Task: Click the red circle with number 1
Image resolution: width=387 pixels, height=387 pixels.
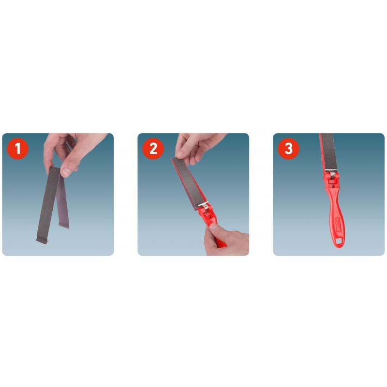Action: [x=17, y=149]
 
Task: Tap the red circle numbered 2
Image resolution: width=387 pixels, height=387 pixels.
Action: [x=153, y=149]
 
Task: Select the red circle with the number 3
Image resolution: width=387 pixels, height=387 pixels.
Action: [x=288, y=149]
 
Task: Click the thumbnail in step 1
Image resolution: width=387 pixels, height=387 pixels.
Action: [x=66, y=172]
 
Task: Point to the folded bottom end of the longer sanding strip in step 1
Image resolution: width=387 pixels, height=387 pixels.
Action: [x=42, y=240]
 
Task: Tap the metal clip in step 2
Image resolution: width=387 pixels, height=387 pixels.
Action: [x=203, y=205]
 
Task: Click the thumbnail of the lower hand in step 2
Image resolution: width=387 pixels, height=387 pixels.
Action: [x=214, y=226]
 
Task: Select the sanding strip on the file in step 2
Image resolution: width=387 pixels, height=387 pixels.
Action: [x=187, y=183]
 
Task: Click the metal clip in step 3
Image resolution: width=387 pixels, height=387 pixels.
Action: [x=331, y=172]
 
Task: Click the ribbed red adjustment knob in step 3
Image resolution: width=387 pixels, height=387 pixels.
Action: [x=331, y=182]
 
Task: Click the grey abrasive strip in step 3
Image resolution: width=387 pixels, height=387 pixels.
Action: [x=329, y=151]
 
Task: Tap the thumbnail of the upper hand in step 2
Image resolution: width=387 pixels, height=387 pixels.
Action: [x=179, y=155]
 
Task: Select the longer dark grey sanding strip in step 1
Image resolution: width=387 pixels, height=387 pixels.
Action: [x=48, y=205]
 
